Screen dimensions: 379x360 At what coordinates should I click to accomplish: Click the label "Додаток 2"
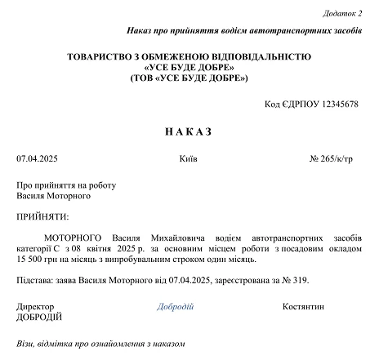click(344, 13)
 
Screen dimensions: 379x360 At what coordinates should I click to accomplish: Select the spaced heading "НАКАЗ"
click(189, 131)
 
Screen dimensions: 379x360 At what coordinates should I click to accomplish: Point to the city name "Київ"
click(188, 158)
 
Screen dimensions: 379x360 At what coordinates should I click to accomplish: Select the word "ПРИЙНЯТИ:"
click(42, 216)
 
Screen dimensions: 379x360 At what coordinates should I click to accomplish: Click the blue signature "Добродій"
click(175, 306)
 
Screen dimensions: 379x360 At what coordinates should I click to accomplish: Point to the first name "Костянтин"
click(304, 306)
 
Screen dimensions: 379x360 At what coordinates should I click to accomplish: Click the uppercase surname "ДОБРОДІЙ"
click(39, 317)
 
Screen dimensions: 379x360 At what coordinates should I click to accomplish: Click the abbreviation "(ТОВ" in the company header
click(144, 78)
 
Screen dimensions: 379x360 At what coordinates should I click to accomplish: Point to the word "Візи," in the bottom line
click(27, 344)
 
